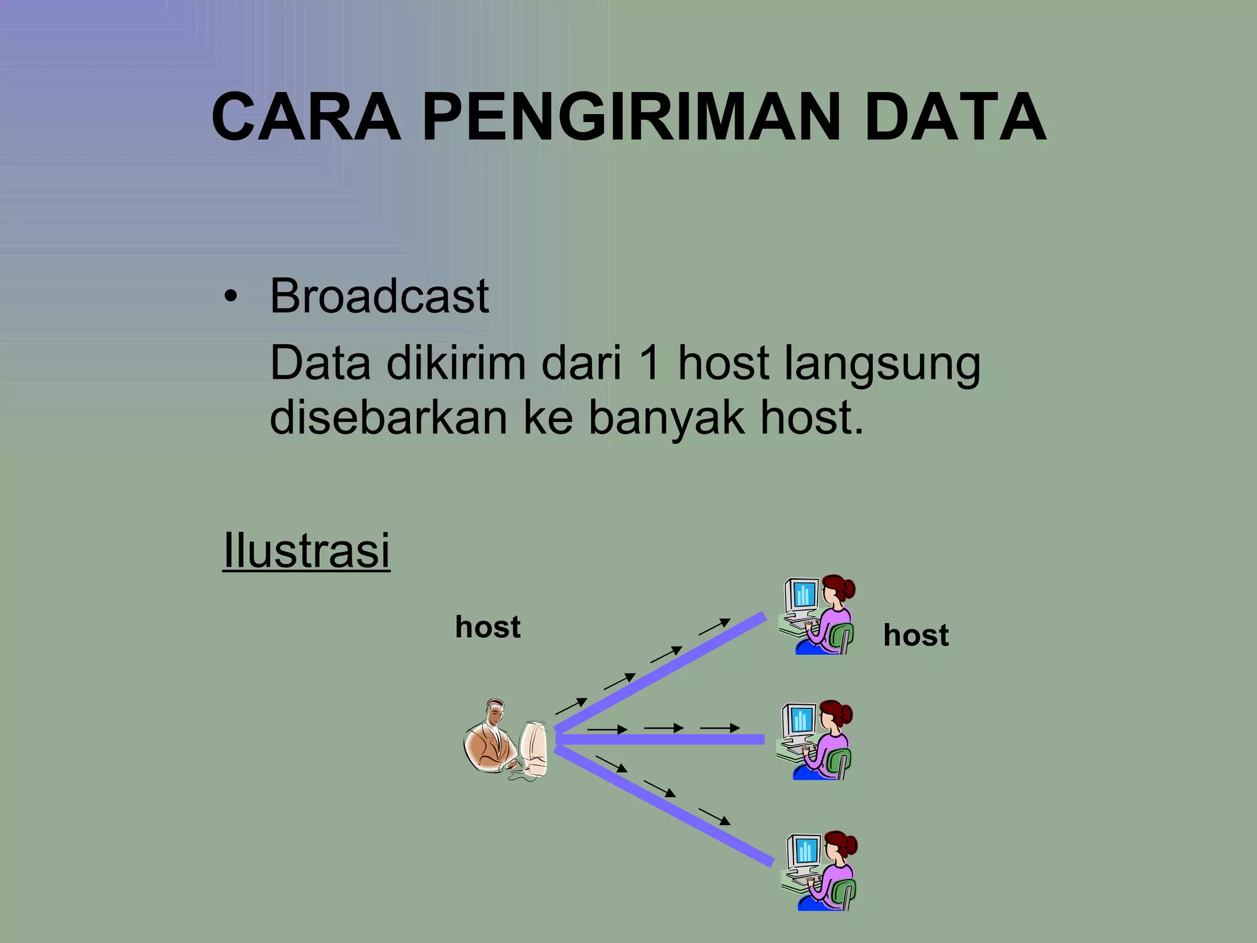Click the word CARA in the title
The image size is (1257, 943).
click(x=305, y=118)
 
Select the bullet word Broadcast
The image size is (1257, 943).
click(x=379, y=297)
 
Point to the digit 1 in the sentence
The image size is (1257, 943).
click(x=649, y=363)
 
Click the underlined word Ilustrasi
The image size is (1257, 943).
click(x=306, y=550)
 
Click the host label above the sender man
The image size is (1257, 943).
click(x=487, y=627)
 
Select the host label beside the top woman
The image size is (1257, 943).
click(x=916, y=635)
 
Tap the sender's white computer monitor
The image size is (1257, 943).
click(x=533, y=749)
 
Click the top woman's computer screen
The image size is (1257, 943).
click(x=803, y=594)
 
